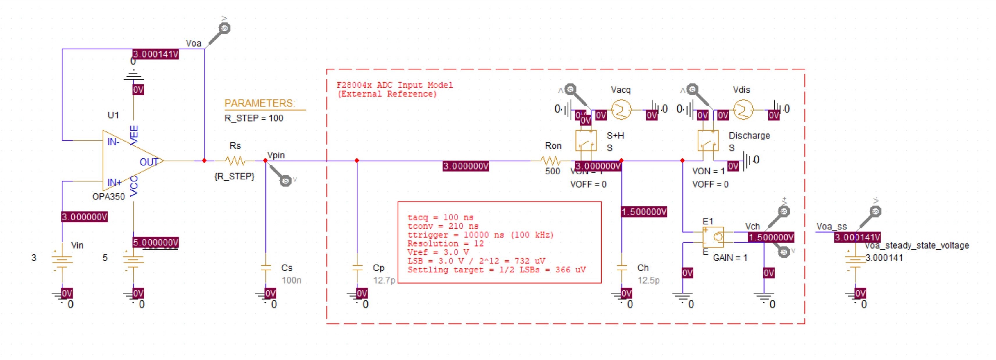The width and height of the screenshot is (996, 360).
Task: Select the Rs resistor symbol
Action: pos(235,161)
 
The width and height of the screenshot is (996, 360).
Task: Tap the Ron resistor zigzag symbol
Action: pos(550,161)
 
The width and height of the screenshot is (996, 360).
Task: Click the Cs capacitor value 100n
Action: pos(292,280)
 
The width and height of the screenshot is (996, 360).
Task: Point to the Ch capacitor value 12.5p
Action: pos(648,280)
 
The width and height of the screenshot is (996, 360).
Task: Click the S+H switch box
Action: pos(586,141)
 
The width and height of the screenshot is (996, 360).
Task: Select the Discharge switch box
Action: pos(708,141)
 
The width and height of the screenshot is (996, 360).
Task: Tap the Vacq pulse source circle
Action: pos(621,110)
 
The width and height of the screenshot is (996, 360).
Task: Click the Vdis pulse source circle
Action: pos(743,110)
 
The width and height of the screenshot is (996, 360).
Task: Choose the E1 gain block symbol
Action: pos(713,237)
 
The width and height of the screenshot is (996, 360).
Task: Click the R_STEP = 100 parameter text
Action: pos(254,118)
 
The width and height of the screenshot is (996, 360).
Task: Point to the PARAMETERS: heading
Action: pos(260,103)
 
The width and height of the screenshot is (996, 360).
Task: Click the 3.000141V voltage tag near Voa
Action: pos(155,54)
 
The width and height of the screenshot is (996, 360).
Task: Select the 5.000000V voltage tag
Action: pos(155,243)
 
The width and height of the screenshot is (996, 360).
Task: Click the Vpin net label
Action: pos(276,155)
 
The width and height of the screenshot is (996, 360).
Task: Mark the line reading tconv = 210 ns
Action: pos(443,226)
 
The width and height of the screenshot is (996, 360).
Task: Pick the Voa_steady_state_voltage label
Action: pos(916,245)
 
